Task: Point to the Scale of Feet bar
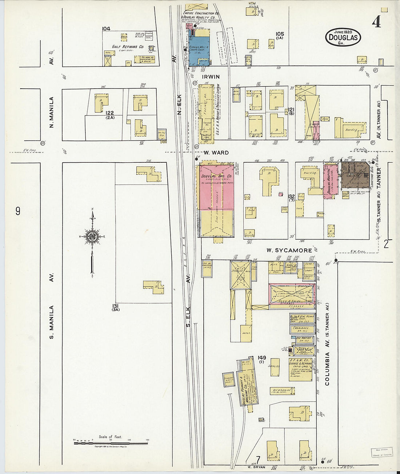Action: (111, 442)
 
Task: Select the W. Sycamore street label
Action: (289, 250)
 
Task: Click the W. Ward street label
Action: (216, 153)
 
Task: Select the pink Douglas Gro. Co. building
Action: (216, 187)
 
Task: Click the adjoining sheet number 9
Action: (18, 211)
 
